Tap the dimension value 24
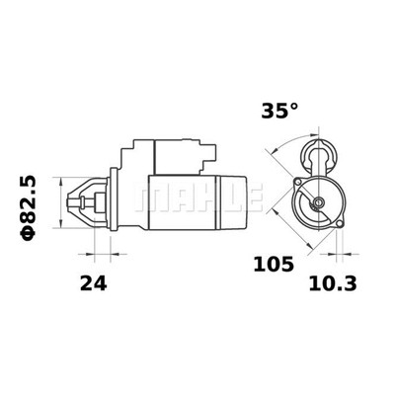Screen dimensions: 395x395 (93, 283)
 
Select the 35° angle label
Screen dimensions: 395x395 (278, 111)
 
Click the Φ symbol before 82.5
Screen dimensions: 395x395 (28, 234)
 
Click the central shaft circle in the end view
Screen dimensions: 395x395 (318, 204)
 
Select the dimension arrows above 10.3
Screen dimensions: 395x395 (337, 255)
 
